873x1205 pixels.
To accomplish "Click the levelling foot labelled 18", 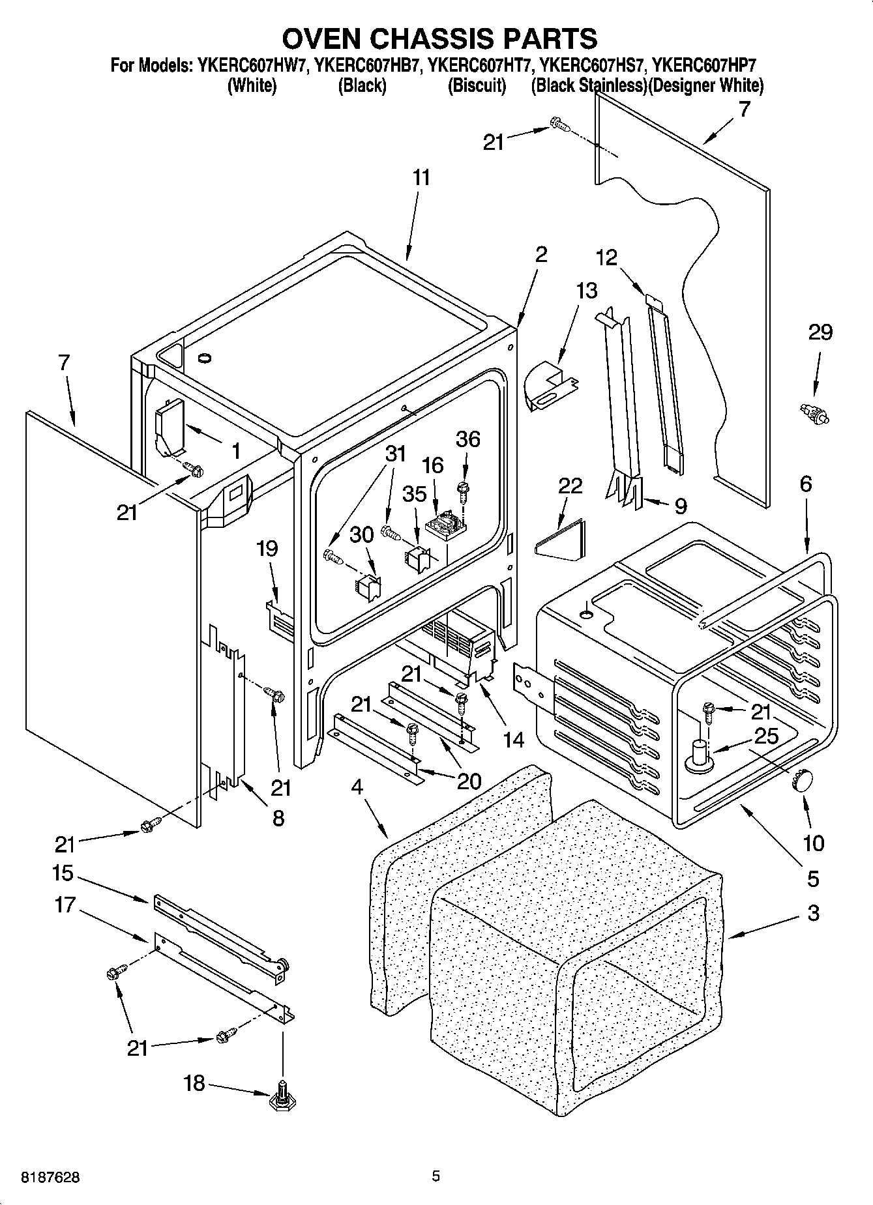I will [x=282, y=1094].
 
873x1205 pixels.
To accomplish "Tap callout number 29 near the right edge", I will [x=820, y=332].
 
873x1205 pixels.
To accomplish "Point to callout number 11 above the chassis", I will [x=421, y=177].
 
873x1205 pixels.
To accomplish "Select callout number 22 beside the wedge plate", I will [x=570, y=486].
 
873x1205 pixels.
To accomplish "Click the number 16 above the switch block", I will [x=432, y=465].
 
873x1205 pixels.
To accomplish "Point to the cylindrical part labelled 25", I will [x=698, y=753].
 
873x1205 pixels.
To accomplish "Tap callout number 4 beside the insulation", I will [x=357, y=787].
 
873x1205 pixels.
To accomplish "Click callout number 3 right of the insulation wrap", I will [x=812, y=913].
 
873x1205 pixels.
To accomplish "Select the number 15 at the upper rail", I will [x=63, y=873].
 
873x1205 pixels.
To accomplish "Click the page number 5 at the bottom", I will [x=436, y=1176].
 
